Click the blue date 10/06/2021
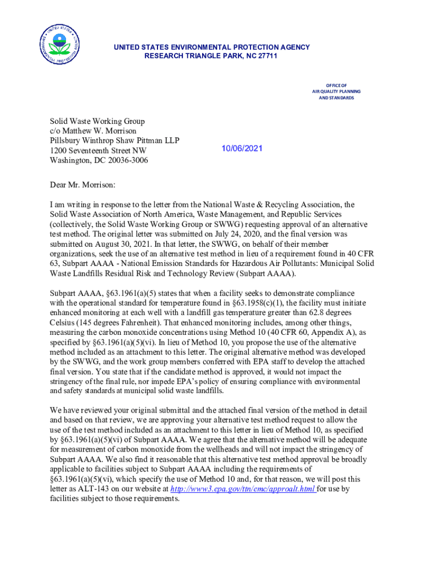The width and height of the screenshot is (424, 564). coord(242,149)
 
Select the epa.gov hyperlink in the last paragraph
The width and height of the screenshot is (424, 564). coord(243,489)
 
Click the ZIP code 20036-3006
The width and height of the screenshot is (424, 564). coord(124,160)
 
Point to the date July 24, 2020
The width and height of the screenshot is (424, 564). coord(275,234)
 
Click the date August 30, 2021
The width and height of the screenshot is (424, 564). coord(119,244)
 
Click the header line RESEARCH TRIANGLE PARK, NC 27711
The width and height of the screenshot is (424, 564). coord(211,56)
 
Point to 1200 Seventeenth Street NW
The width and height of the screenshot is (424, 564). coord(99,150)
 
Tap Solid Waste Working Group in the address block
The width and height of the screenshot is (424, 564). coord(97,121)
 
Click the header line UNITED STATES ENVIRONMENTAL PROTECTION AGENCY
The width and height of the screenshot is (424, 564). coord(211,47)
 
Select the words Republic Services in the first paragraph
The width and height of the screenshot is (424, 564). coord(310,214)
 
